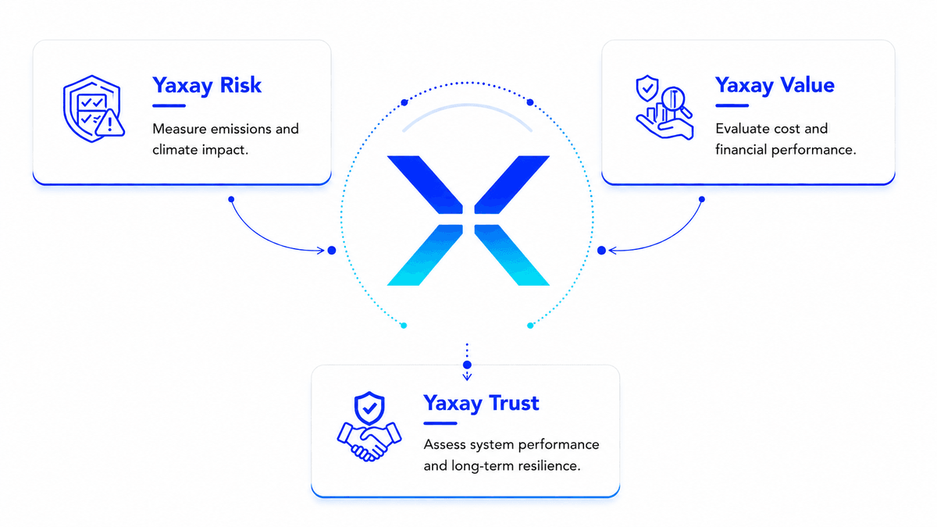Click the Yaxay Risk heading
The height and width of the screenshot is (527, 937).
tap(207, 86)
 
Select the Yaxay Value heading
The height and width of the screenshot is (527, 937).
tap(775, 86)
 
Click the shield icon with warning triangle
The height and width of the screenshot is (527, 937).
tap(94, 109)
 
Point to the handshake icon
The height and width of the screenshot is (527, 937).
tap(369, 442)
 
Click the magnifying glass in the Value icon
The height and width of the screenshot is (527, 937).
tap(675, 101)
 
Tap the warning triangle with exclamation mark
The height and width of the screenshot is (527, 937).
tap(109, 123)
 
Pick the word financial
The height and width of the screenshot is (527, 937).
tap(741, 150)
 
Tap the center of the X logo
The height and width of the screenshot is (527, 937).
tap(468, 220)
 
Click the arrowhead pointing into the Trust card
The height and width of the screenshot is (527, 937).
tap(467, 377)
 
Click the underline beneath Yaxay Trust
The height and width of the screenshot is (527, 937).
tap(440, 423)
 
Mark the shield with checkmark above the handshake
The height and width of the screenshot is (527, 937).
tap(369, 408)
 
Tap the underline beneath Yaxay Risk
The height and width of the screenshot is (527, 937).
tap(169, 106)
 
